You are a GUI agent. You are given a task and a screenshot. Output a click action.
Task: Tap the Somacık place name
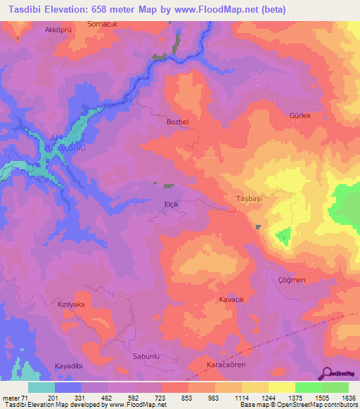pyautogui.click(x=101, y=25)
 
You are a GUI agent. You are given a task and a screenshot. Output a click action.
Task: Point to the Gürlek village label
pyautogui.click(x=300, y=115)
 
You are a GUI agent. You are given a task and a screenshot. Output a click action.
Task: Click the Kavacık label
pyautogui.click(x=231, y=299)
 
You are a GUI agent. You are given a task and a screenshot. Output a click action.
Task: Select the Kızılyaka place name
pyautogui.click(x=71, y=304)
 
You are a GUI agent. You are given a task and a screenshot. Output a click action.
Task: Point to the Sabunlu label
pyautogui.click(x=147, y=356)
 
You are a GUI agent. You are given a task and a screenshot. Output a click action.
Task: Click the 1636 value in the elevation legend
pyautogui.click(x=348, y=398)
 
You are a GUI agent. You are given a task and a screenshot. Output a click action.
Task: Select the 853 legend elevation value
pyautogui.click(x=188, y=398)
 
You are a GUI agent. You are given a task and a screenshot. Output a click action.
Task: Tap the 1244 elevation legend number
pyautogui.click(x=268, y=398)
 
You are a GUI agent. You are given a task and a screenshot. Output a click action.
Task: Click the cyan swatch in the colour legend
pyautogui.click(x=41, y=387)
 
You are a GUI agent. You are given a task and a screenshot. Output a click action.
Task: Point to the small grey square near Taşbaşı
pyautogui.click(x=258, y=226)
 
